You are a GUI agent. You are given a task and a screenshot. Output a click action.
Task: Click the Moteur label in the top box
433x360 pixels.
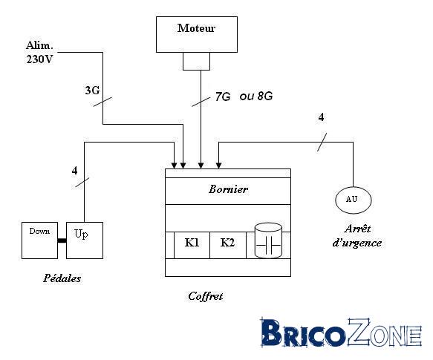(x=196, y=28)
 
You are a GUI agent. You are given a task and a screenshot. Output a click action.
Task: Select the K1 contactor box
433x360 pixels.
(x=192, y=245)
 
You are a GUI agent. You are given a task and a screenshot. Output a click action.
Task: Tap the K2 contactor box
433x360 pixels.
(x=228, y=245)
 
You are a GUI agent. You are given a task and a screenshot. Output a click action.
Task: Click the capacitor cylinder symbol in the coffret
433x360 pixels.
(x=268, y=240)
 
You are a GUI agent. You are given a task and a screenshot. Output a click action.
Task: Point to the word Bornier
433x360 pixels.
(x=228, y=189)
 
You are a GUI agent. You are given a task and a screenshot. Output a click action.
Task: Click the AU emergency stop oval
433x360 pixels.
(x=354, y=200)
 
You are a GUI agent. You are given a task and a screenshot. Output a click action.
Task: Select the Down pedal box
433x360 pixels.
(x=40, y=240)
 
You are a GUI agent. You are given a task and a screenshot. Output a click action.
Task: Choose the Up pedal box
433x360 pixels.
(x=85, y=240)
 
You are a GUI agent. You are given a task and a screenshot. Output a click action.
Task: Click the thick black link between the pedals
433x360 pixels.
(x=62, y=240)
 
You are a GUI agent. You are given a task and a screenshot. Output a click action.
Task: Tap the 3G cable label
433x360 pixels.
(x=92, y=91)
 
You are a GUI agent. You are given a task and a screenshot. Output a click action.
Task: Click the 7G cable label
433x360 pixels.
(x=223, y=96)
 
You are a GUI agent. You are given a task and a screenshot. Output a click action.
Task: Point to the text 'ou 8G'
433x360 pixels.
(x=256, y=96)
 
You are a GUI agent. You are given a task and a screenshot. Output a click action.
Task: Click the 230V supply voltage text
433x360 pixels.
(x=39, y=59)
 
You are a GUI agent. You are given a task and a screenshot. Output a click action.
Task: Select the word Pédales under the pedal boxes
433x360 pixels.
(x=62, y=278)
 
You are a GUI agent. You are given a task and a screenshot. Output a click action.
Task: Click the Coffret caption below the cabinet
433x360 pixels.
(x=206, y=296)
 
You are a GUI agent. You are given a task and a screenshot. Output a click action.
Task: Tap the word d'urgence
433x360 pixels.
(x=357, y=243)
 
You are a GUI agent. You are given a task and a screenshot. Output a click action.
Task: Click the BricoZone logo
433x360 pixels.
(x=341, y=332)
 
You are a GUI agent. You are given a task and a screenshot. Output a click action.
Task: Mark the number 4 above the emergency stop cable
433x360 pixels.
(x=321, y=117)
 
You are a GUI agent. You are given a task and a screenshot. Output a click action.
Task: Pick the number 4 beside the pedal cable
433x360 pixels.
(x=74, y=171)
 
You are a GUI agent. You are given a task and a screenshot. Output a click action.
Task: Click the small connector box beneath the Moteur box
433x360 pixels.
(x=196, y=61)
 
